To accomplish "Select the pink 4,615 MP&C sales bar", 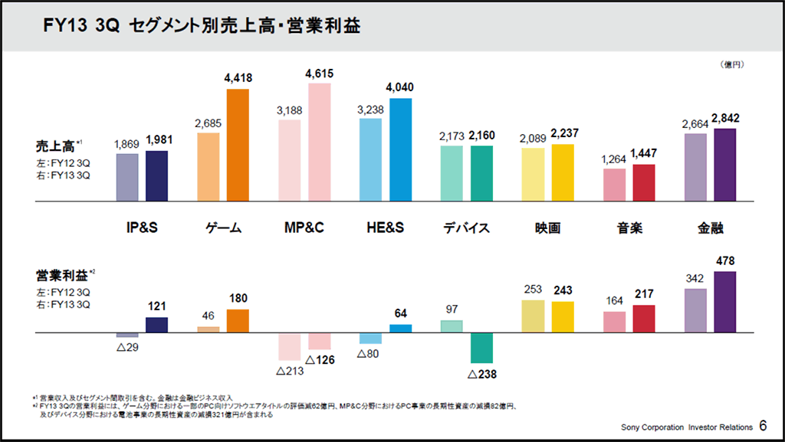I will coord(319,142).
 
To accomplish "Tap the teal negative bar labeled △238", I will coord(481,349).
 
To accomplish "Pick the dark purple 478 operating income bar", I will coord(724,303).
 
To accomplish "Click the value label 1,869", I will coord(127,144).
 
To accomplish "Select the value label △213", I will coord(290,372).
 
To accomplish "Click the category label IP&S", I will coord(142,228).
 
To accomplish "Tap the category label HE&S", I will coord(385,228).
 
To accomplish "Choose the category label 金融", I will coord(711,228).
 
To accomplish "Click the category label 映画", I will coord(548,228).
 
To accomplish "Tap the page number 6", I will coord(764,425).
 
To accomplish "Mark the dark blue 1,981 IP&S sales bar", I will coord(156,176).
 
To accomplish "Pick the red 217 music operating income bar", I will coord(644,319).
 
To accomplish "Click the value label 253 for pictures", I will coord(533,290).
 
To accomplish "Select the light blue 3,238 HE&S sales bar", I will coord(370,161).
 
